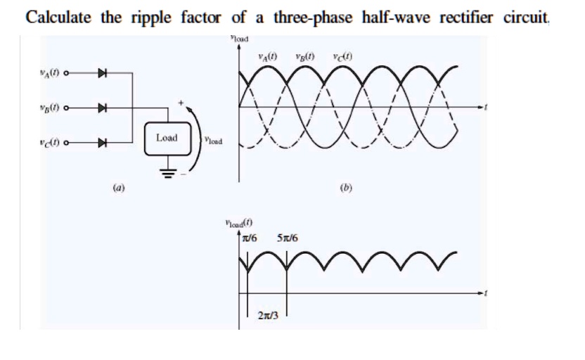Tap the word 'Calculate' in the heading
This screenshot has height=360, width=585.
pyautogui.click(x=58, y=16)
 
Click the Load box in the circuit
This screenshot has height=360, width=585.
pyautogui.click(x=167, y=138)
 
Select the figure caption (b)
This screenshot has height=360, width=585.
pyautogui.click(x=345, y=188)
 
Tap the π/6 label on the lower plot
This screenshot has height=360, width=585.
pyautogui.click(x=250, y=238)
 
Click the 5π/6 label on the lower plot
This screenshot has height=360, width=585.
pyautogui.click(x=288, y=238)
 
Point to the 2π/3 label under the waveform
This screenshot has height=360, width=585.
pyautogui.click(x=267, y=316)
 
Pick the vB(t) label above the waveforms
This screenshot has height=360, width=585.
pyautogui.click(x=304, y=56)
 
